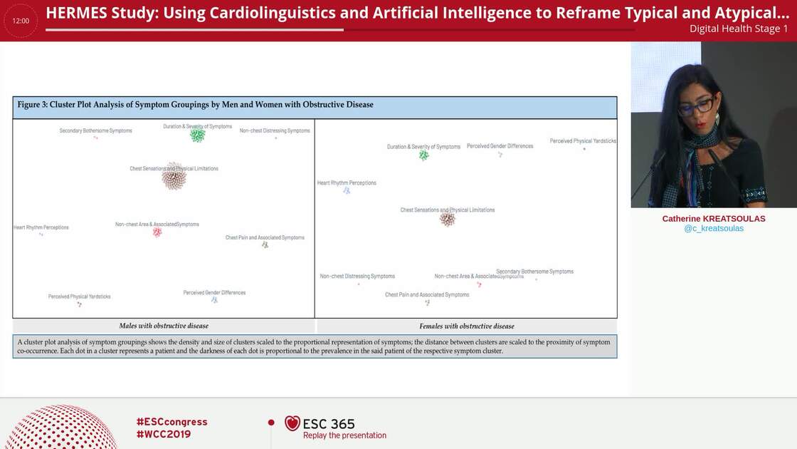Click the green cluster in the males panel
(197, 135)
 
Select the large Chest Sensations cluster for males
(174, 176)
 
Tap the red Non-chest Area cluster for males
(157, 232)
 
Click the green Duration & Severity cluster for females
(424, 155)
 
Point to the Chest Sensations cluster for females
(447, 219)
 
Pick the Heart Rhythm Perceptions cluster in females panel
(347, 190)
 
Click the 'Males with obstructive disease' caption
(164, 326)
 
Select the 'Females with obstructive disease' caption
(467, 326)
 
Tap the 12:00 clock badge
(21, 21)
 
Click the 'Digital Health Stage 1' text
(739, 29)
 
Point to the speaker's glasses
(695, 108)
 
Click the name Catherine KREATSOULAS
(714, 219)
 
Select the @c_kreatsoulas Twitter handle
(714, 229)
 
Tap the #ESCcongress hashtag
(171, 422)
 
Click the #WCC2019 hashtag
(164, 434)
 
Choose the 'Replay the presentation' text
(344, 435)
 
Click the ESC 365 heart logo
(292, 423)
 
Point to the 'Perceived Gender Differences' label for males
(214, 293)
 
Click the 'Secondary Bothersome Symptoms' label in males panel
(95, 131)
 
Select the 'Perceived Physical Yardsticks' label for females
(583, 141)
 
